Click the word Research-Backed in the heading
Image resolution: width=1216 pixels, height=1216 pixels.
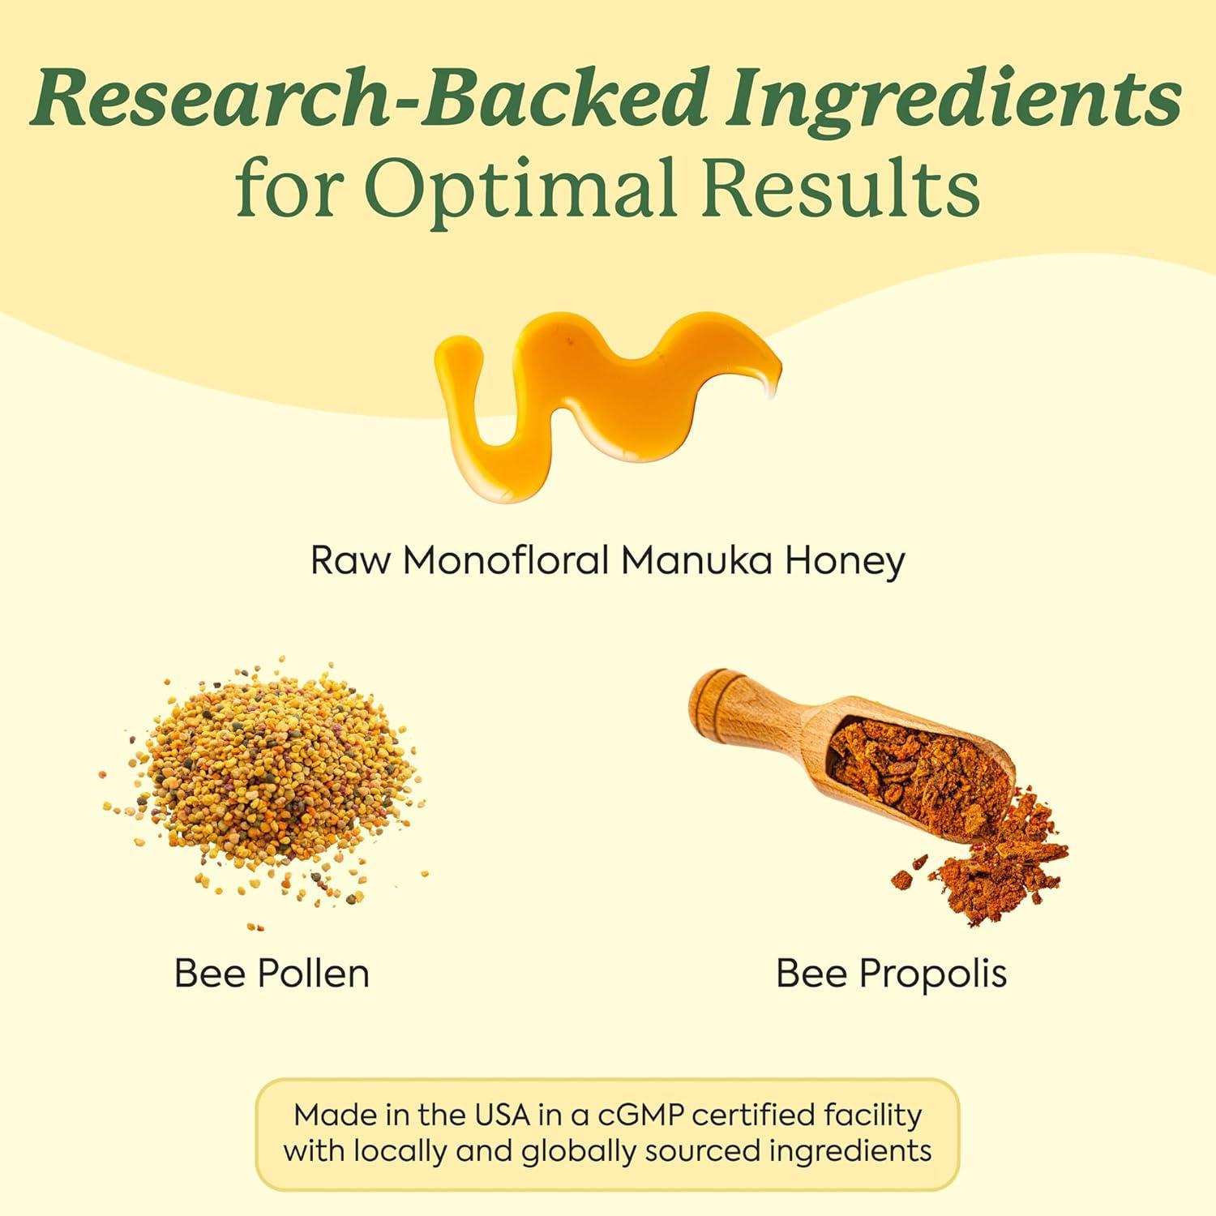(x=370, y=99)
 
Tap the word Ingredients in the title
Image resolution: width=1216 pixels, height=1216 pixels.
(x=953, y=99)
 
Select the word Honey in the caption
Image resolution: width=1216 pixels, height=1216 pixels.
(x=844, y=562)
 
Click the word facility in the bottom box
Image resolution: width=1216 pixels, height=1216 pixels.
(x=873, y=1116)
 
